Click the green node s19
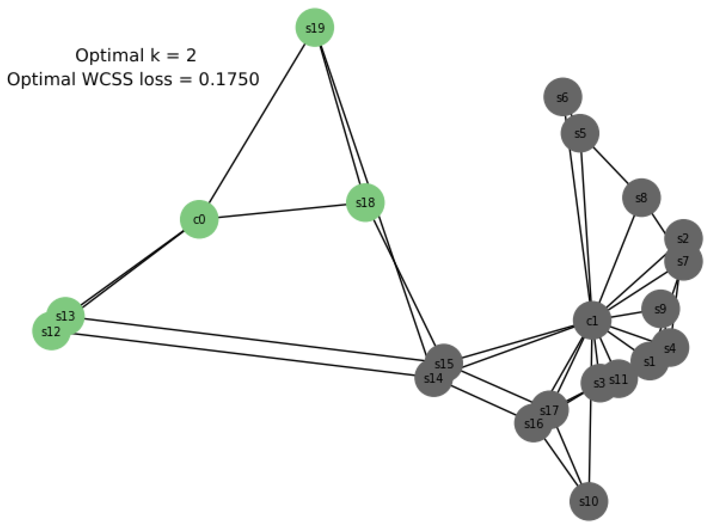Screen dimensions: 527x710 [314, 28]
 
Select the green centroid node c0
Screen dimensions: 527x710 [199, 219]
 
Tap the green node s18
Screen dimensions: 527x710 [365, 203]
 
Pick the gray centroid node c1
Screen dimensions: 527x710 [592, 321]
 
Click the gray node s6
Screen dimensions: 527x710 [562, 97]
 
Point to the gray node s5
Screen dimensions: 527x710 [580, 133]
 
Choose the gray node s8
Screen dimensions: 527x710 [641, 198]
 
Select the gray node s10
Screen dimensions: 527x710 [589, 501]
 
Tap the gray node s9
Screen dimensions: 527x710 [660, 309]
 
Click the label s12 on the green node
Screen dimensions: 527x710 [51, 332]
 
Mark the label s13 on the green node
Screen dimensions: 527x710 [65, 316]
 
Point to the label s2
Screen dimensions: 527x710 [683, 238]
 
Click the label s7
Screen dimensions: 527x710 [683, 261]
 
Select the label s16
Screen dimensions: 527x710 [534, 424]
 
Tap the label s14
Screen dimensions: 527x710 [433, 378]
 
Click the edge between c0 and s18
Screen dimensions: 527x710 [282, 211]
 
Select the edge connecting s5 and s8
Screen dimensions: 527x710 [611, 165]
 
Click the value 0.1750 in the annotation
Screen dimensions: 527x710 [229, 79]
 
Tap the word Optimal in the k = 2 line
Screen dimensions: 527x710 [109, 55]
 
